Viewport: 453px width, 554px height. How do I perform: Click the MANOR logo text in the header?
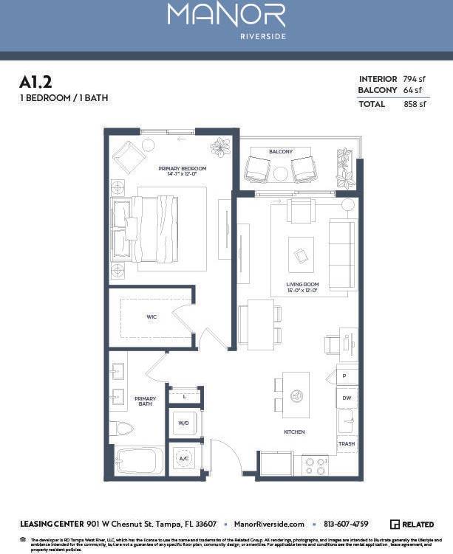click(x=226, y=15)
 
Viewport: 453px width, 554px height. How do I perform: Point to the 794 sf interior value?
click(x=415, y=79)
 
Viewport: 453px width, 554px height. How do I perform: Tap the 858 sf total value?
click(x=415, y=104)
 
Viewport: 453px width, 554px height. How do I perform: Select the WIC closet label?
click(x=151, y=317)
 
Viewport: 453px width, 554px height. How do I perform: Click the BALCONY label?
click(x=281, y=151)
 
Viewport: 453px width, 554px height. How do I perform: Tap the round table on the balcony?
click(x=281, y=174)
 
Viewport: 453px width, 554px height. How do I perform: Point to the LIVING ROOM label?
click(x=302, y=286)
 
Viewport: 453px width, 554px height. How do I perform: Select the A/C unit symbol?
click(x=183, y=458)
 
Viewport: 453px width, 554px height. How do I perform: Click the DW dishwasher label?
click(x=347, y=398)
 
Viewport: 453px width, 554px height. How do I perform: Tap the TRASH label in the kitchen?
click(x=347, y=444)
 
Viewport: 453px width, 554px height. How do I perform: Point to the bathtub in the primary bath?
click(x=140, y=462)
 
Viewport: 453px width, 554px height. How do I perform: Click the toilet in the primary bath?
click(x=123, y=429)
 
